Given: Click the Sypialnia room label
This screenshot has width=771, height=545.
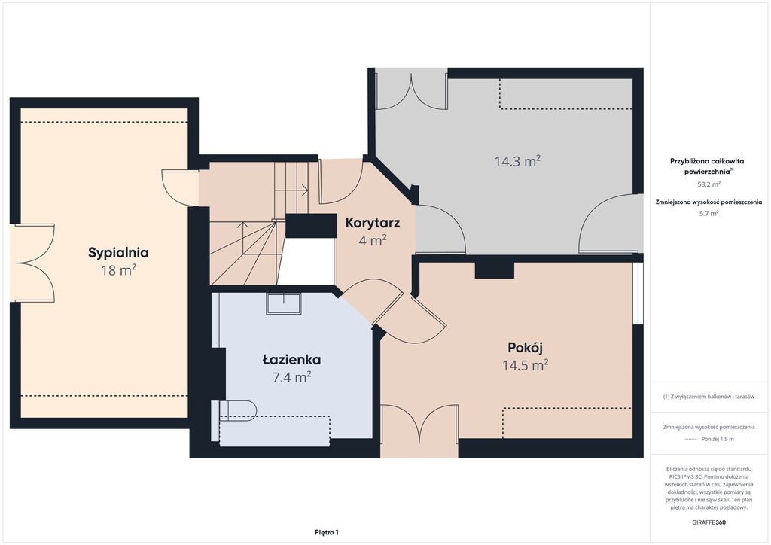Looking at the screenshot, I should pos(118,253).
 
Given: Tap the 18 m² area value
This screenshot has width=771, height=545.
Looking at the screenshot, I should pos(118,269).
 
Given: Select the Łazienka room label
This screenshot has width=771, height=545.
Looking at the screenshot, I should pos(291,360).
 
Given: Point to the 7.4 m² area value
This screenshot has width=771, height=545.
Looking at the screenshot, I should pos(291,376).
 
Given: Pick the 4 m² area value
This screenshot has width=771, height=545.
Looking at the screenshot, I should pos(373,240).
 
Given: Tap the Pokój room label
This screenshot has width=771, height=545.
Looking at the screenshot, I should pos(525,347).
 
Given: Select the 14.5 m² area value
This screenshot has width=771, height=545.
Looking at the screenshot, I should pos(525,365).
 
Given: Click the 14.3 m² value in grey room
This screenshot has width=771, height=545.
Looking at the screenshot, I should pos(518,160).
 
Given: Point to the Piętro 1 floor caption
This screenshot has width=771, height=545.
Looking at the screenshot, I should pos(327,532).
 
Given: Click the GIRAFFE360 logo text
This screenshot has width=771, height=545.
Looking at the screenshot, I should pos(709,522).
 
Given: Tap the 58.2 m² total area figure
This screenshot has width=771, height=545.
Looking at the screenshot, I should pos(709,184).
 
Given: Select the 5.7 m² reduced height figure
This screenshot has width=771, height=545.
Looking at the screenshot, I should pos(709,213).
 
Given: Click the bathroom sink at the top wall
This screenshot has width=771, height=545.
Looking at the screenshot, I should pos(284,303).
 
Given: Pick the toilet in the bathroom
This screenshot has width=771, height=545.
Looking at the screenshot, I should pos(237,410).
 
